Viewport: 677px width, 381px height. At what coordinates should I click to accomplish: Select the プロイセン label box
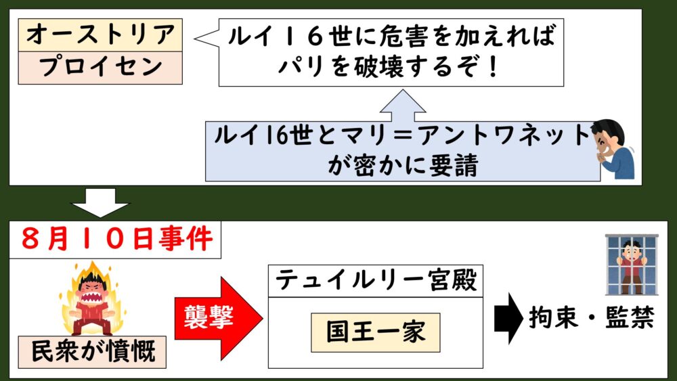pyautogui.click(x=100, y=67)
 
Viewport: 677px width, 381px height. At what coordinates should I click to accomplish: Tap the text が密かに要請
pyautogui.click(x=403, y=166)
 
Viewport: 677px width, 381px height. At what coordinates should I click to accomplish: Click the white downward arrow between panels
pyautogui.click(x=102, y=201)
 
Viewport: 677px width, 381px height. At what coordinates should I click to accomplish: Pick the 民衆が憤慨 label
pyautogui.click(x=93, y=352)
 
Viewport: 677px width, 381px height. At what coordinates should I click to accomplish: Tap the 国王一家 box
pyautogui.click(x=375, y=332)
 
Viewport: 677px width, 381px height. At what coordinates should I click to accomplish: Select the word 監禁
pyautogui.click(x=629, y=319)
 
